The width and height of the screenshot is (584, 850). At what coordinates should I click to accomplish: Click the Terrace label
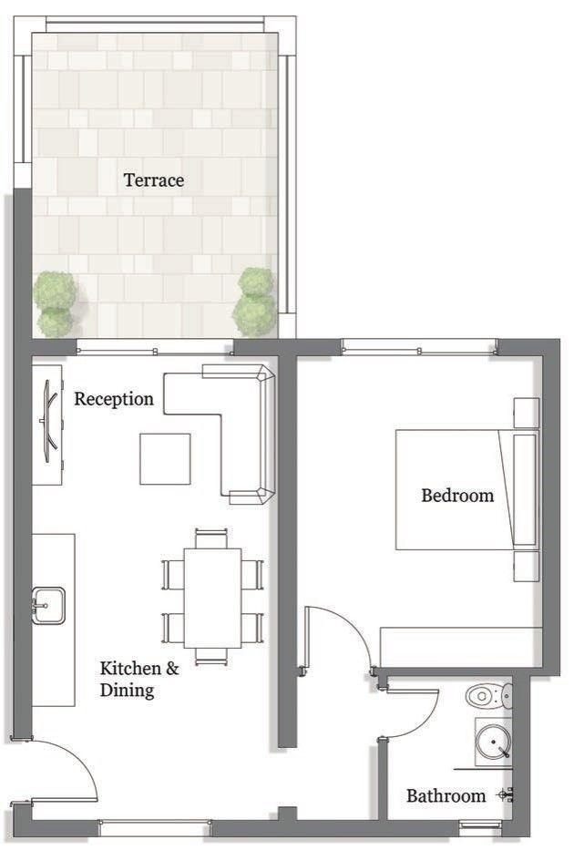click(154, 180)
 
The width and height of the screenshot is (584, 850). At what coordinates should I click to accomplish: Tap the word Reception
click(114, 399)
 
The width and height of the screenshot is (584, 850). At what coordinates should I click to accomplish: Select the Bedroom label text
click(457, 495)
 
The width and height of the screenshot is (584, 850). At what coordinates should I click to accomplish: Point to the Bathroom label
click(446, 795)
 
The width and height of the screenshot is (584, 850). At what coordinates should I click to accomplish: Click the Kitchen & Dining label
click(139, 679)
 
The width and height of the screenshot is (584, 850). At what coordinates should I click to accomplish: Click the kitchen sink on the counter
click(48, 606)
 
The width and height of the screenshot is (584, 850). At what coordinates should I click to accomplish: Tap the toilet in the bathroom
click(488, 696)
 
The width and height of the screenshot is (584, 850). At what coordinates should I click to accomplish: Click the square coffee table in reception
click(166, 458)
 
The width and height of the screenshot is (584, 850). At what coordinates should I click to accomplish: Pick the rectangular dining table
click(212, 598)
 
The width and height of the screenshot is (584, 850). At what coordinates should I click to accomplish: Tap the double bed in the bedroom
click(467, 489)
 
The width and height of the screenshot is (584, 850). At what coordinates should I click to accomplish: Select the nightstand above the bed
click(526, 413)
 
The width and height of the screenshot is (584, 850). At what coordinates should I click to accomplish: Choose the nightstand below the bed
click(526, 567)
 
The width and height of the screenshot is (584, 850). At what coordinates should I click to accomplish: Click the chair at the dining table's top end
click(211, 538)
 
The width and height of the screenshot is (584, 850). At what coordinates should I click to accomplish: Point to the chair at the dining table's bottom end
click(211, 657)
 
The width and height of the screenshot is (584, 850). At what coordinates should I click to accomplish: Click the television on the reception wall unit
click(49, 421)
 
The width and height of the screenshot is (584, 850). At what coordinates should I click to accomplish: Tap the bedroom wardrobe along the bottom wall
click(461, 647)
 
